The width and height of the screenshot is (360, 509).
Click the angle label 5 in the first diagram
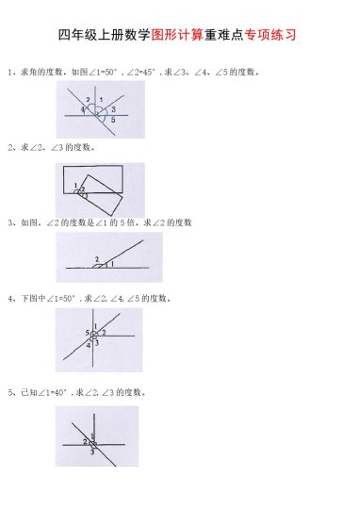pos(113,121)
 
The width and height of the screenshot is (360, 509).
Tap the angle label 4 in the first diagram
pos(83,110)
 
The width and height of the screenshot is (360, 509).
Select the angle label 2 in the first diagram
pos(88,100)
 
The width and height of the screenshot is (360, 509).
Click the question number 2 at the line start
pos(9,148)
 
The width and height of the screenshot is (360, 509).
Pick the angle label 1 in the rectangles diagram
pos(74,185)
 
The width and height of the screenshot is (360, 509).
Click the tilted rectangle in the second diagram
pos(102,193)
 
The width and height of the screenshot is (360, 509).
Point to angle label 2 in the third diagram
pos(96,259)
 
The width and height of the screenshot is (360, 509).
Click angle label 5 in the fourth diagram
pos(87,333)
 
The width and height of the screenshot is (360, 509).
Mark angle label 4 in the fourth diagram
pos(89,345)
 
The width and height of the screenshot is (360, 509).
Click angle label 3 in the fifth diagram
pos(92,452)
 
